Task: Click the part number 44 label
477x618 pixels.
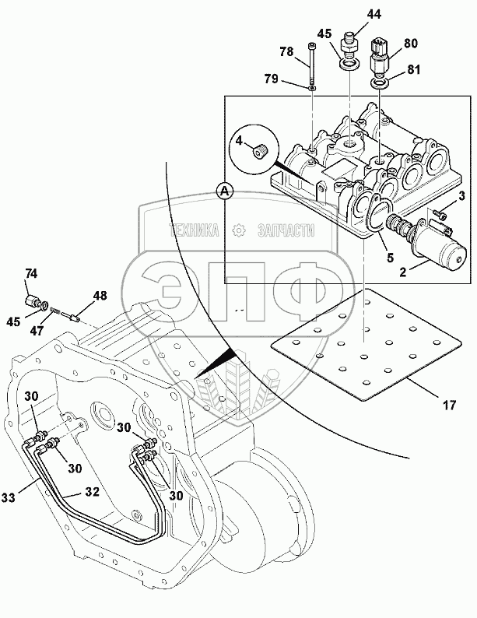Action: pos(374,14)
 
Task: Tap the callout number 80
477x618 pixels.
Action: pos(410,43)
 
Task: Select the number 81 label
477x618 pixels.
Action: pos(413,70)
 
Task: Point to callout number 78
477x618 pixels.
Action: pos(287,51)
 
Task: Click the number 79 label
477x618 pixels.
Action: pos(272,79)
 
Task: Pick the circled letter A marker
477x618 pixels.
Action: pos(225,191)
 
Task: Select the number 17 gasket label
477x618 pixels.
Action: pos(450,405)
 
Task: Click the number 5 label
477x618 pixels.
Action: pos(390,258)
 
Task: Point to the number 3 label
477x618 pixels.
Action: pos(462,195)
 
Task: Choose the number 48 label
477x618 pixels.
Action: pos(100,296)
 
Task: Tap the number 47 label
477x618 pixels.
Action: pos(37,330)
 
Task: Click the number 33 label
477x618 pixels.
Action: pos(8,497)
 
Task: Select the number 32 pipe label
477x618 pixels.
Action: pos(92,492)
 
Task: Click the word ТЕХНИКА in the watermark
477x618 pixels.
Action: pos(194,230)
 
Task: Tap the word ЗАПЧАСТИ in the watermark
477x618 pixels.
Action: pos(286,230)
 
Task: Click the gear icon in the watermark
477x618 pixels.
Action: pos(238,230)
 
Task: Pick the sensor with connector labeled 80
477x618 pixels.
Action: pos(380,57)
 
